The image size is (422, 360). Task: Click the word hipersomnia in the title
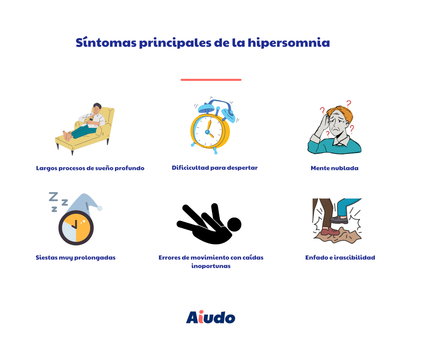[289, 43]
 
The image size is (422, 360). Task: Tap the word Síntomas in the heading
[106, 42]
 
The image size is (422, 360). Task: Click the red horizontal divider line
[211, 80]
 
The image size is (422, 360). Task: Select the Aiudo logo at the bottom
[210, 317]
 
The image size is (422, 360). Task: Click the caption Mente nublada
[334, 168]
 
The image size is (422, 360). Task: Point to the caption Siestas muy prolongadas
[75, 258]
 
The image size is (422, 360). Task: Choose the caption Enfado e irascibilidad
[340, 257]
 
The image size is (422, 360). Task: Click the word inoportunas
[211, 266]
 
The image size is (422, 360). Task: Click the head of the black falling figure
[234, 224]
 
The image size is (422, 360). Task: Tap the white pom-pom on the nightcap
[99, 208]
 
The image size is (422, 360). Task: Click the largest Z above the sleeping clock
[53, 197]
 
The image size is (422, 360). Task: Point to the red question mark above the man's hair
[349, 104]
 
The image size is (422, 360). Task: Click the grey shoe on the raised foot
[339, 220]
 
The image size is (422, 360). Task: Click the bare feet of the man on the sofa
[67, 136]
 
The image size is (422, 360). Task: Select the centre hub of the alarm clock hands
[207, 132]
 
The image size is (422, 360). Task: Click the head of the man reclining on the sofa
[97, 108]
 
